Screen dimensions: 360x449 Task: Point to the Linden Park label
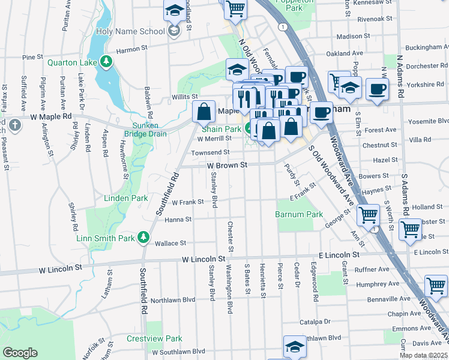(126, 198)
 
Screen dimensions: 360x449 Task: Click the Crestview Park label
(154, 338)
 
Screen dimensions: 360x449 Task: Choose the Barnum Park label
(299, 214)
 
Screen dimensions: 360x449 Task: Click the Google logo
(20, 353)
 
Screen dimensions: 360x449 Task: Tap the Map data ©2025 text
(424, 355)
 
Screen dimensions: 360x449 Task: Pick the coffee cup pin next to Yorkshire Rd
(377, 90)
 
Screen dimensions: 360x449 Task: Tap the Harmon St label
(132, 50)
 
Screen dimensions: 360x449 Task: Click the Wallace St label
(170, 243)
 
